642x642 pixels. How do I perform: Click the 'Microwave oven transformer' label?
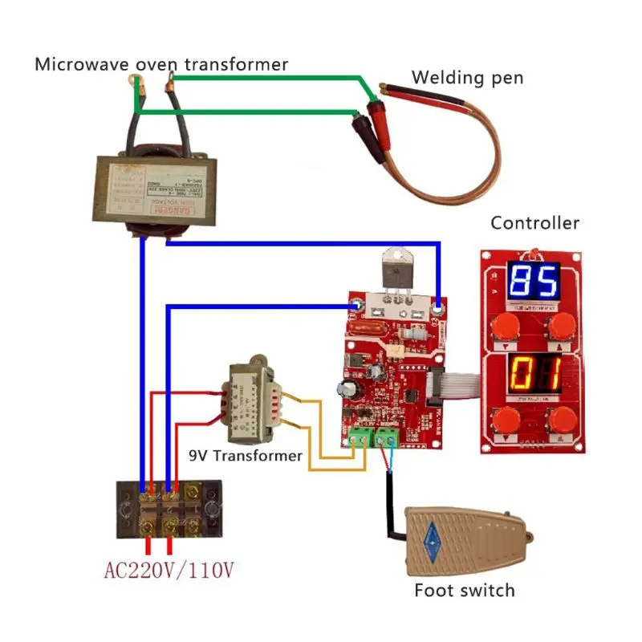[160, 64]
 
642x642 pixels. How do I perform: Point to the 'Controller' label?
[534, 223]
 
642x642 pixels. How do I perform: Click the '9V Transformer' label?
[246, 456]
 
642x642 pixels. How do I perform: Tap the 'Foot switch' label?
[464, 591]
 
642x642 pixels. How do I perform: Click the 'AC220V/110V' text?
[169, 571]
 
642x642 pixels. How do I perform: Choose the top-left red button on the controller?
[504, 326]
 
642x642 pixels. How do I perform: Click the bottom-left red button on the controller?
[504, 420]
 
